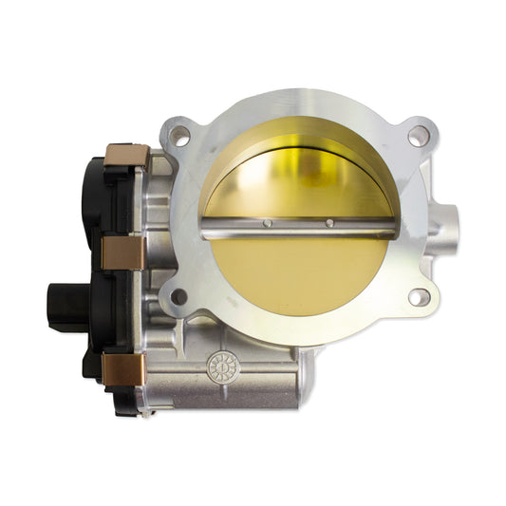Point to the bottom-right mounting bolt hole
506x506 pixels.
tap(416, 297)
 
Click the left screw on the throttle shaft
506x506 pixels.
tap(268, 224)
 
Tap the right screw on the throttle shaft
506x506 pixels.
tap(329, 224)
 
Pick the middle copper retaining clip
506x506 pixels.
tap(122, 252)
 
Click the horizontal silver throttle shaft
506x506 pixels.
tap(299, 227)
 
